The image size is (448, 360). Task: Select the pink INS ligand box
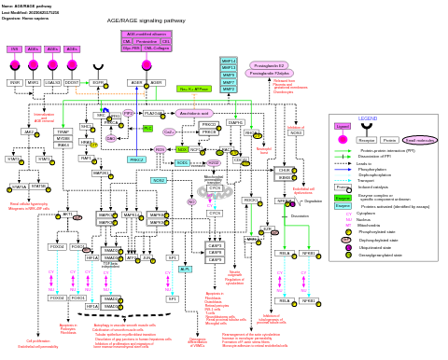(14, 48)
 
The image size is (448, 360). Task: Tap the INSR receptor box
(14, 83)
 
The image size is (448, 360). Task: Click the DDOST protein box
(72, 83)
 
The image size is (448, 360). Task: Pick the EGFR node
(97, 83)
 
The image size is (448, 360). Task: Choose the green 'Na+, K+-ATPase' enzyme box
(193, 89)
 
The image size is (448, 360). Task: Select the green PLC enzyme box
(147, 128)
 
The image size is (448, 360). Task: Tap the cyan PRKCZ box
(137, 159)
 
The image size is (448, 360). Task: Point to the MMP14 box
(229, 61)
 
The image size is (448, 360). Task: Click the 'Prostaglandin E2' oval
(269, 65)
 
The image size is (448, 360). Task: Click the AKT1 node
(67, 215)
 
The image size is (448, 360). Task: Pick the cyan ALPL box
(186, 269)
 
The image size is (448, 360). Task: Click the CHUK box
(285, 171)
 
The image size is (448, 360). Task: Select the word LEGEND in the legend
(369, 118)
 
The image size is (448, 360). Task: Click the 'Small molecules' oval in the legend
(419, 140)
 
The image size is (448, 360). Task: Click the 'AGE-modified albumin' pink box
(146, 34)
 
